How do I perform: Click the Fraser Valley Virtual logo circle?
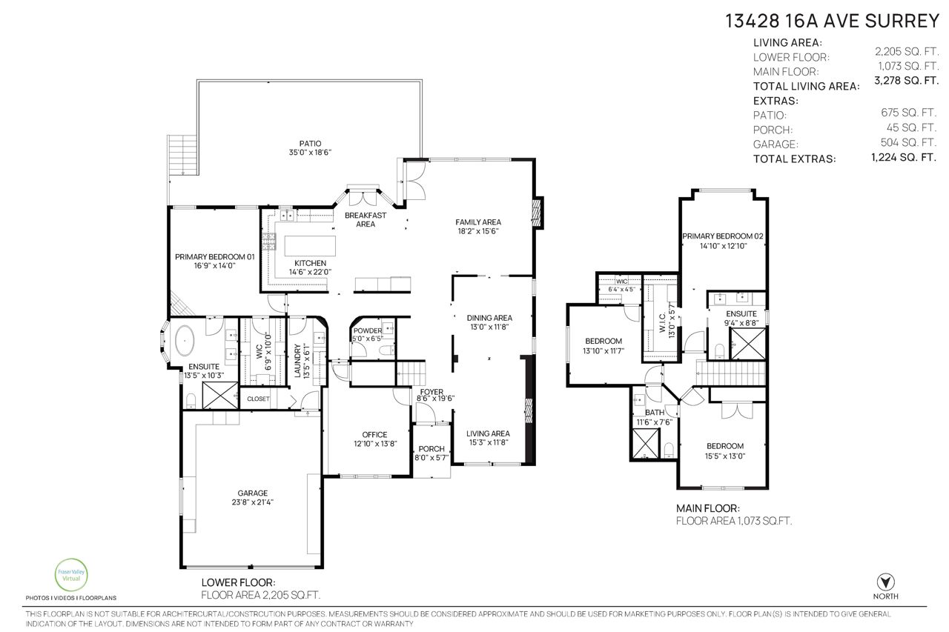[71, 575]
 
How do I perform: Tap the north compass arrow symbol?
[885, 582]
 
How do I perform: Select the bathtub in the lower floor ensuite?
[185, 340]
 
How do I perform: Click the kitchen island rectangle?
[310, 246]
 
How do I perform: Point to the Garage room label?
[253, 493]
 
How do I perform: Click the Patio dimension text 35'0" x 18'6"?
[310, 153]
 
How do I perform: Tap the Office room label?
[374, 435]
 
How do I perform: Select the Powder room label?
[368, 330]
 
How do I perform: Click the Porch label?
[431, 449]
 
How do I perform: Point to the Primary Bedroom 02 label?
[723, 236]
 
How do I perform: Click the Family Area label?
[478, 222]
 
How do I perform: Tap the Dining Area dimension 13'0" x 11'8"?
[489, 327]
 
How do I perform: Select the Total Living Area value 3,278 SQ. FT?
[907, 81]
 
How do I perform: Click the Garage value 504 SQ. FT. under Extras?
[908, 142]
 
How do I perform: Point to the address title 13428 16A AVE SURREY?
[832, 21]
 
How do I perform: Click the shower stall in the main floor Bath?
[645, 444]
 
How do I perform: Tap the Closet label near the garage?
[258, 399]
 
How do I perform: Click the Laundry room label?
[297, 361]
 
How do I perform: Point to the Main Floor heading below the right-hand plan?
[708, 508]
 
